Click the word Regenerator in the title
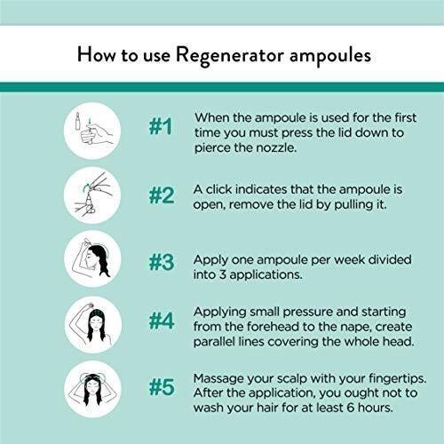tap(230, 56)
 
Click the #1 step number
tap(161, 126)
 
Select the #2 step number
tap(162, 195)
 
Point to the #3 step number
tap(162, 262)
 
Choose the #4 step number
tap(162, 321)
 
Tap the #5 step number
tap(162, 387)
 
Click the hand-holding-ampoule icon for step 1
tap(92, 131)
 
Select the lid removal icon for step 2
tap(92, 195)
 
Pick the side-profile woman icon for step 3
tap(92, 259)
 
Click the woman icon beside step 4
tap(93, 325)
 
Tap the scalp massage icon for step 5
tap(92, 389)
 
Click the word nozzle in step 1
tap(276, 147)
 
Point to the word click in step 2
tap(218, 189)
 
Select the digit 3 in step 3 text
tap(223, 274)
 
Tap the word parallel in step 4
tap(214, 342)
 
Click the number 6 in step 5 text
tap(351, 408)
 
